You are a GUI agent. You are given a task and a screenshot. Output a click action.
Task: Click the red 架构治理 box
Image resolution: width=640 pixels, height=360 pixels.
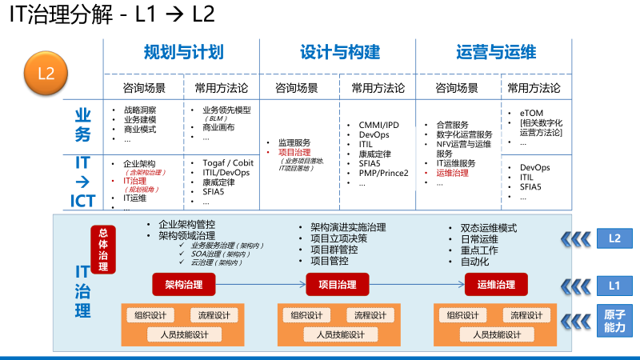coord(183,284)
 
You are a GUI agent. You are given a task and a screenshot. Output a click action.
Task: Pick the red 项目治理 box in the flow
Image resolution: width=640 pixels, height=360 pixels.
coord(337,284)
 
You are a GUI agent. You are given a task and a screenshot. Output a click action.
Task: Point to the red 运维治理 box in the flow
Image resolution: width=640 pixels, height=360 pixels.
coord(496,284)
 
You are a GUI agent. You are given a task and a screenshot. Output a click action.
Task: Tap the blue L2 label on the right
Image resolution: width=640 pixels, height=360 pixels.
coord(614,238)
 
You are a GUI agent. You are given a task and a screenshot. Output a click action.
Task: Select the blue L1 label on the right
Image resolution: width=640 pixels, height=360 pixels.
coord(614,284)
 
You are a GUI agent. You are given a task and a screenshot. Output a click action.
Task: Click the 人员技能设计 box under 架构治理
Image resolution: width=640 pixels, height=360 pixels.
coord(183,334)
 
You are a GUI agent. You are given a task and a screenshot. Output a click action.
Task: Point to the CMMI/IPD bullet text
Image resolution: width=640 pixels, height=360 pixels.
coord(378,126)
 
